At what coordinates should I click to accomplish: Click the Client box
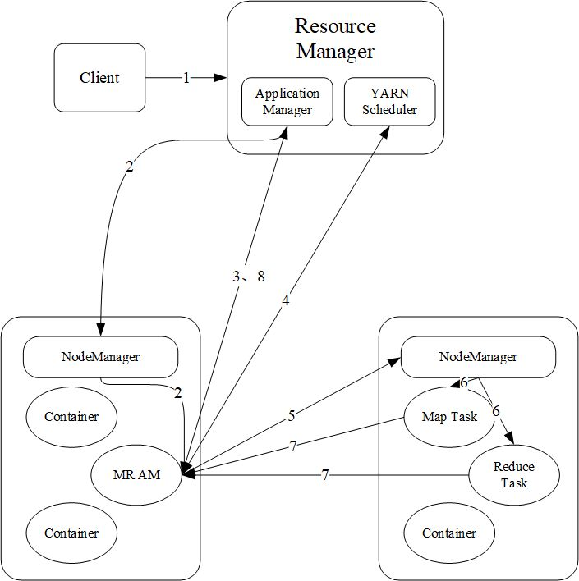[x=99, y=78]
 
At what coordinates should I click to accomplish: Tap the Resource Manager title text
[x=335, y=39]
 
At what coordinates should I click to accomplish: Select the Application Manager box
[x=287, y=102]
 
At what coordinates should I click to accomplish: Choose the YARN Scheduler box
[x=389, y=102]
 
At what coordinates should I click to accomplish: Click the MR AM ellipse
[x=137, y=475]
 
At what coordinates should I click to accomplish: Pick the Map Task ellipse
[x=449, y=417]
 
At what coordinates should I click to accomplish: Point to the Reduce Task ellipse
[x=514, y=475]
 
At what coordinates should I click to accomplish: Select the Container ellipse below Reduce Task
[x=449, y=533]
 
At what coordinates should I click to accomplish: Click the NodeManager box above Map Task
[x=478, y=357]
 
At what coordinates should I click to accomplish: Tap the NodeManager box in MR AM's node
[x=100, y=357]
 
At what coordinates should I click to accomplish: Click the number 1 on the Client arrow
[x=186, y=78]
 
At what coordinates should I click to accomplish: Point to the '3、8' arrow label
[x=247, y=277]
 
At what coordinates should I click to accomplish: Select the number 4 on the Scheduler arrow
[x=286, y=300]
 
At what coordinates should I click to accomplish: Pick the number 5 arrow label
[x=292, y=416]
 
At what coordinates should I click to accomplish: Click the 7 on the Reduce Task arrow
[x=325, y=475]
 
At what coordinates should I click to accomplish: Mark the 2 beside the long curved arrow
[x=129, y=167]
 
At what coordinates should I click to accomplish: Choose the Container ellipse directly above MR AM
[x=71, y=417]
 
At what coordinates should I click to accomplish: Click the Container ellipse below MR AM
[x=71, y=533]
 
